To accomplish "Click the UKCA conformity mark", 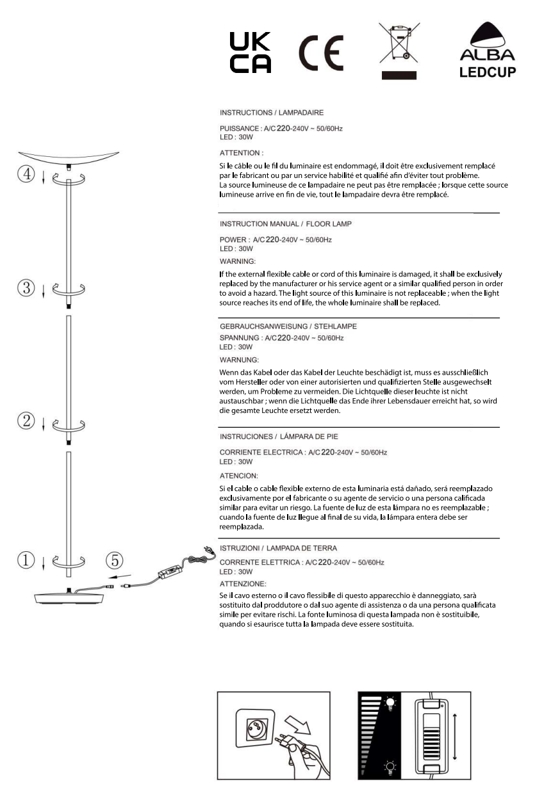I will tap(250, 52).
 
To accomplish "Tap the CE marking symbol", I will tap(321, 52).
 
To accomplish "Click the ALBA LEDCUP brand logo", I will tap(488, 51).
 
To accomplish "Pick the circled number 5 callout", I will tap(114, 561).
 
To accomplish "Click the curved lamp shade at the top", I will tap(69, 157).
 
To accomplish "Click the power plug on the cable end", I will tap(208, 549).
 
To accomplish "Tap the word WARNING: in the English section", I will tap(238, 261).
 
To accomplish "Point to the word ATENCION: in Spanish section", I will tap(239, 476).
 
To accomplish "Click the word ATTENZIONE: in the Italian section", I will tap(243, 583).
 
